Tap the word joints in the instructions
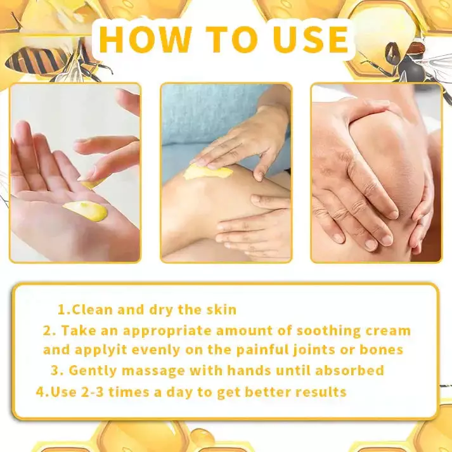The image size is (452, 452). click(x=309, y=349)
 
